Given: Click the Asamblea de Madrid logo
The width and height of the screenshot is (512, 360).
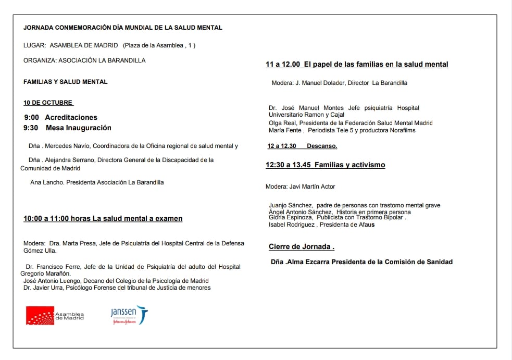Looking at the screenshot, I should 55,315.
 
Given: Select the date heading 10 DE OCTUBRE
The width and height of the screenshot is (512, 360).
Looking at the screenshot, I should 48,103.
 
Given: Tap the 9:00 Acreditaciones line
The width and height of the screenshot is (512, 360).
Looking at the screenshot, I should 60,117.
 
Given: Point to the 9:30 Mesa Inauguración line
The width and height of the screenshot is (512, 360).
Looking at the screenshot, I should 67,128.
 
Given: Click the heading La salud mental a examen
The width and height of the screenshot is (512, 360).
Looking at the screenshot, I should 138,219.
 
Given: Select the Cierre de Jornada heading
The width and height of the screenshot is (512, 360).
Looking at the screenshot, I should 301,246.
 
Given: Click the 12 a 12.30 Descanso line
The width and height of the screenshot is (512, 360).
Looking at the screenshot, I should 302,146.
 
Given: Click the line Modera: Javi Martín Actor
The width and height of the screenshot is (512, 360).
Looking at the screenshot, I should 300,187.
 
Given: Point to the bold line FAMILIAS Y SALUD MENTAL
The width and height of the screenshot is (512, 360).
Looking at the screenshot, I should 66,82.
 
